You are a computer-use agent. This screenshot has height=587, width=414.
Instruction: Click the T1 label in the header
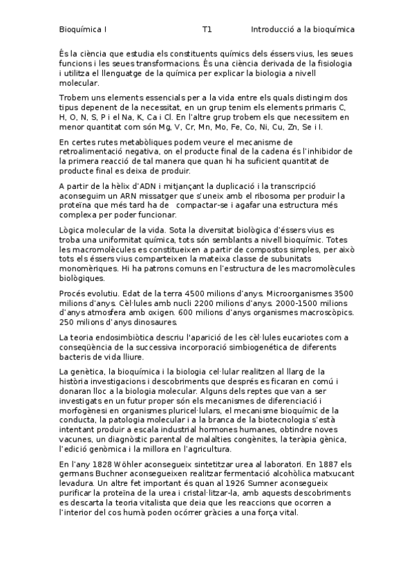pos(207,30)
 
